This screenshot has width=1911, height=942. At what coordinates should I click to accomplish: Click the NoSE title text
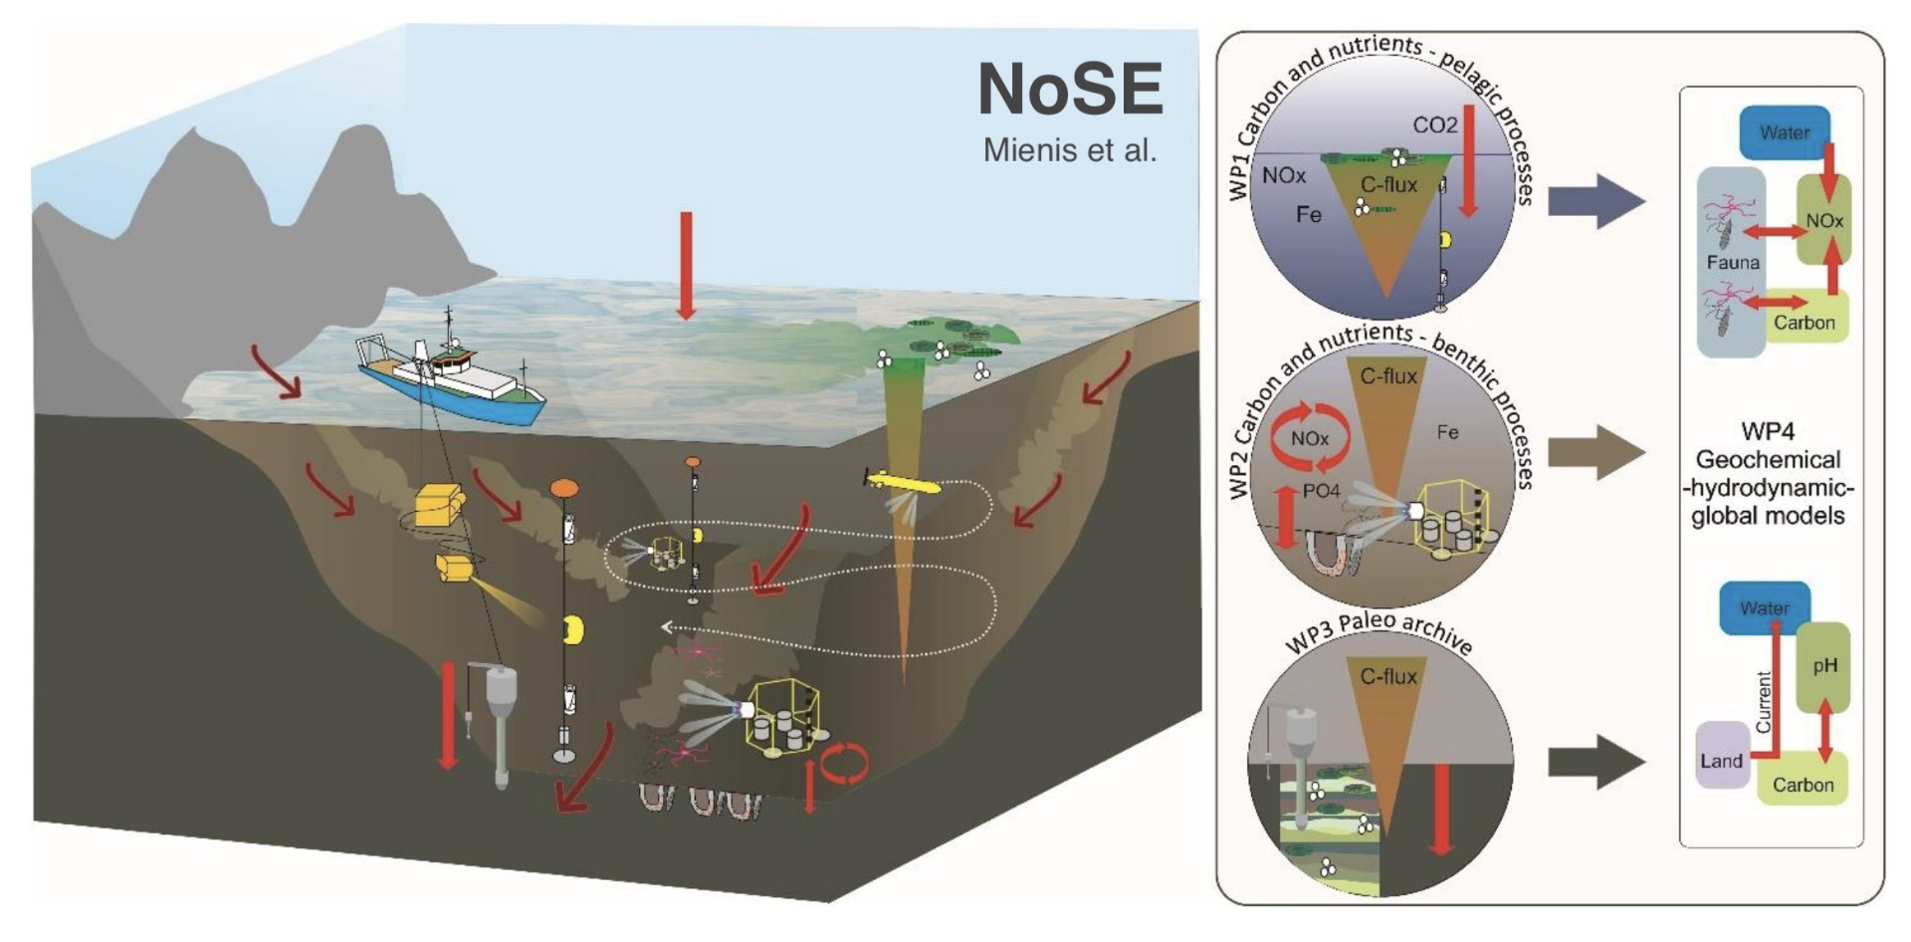[x=1070, y=90]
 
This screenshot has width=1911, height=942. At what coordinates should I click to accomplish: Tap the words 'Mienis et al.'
[x=1070, y=150]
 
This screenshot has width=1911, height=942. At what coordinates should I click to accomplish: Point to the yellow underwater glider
[x=902, y=484]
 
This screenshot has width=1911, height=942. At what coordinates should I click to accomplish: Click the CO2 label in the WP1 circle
[x=1434, y=125]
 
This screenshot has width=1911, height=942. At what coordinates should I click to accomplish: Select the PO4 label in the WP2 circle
[x=1321, y=491]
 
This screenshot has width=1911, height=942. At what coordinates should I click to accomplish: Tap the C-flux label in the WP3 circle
[x=1387, y=677]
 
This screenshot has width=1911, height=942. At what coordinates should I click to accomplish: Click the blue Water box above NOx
[x=1785, y=132]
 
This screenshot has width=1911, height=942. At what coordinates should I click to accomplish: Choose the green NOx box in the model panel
[x=1824, y=221]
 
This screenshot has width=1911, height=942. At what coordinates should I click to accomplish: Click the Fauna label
[x=1733, y=263]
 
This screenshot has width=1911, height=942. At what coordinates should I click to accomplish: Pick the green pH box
[x=1824, y=666]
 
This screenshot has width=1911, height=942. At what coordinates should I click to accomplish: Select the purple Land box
[x=1722, y=761]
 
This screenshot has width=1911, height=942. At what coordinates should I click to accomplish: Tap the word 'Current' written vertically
[x=1764, y=702]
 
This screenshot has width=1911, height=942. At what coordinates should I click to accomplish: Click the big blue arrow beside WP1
[x=1597, y=201]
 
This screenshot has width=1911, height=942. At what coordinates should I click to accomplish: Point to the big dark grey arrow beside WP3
[x=1597, y=762]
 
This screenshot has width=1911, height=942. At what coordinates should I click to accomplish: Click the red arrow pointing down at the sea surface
[x=685, y=265]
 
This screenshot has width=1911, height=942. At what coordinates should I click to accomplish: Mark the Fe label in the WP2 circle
[x=1447, y=432]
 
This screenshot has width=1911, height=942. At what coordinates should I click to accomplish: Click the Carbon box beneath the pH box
[x=1803, y=785]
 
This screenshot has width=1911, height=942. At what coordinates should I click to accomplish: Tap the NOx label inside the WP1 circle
[x=1284, y=176]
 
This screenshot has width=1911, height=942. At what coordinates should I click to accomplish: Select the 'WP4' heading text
[x=1768, y=432]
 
